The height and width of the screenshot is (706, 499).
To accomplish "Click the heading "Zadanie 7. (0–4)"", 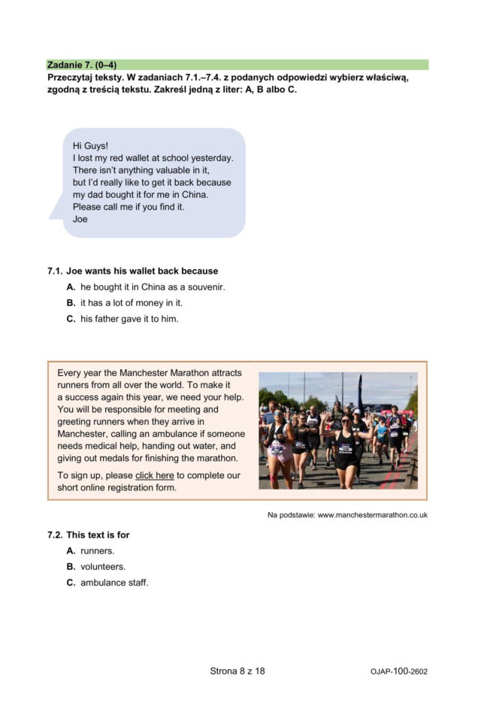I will pyautogui.click(x=82, y=65).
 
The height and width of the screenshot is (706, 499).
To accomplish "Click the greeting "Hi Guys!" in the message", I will pyautogui.click(x=91, y=146).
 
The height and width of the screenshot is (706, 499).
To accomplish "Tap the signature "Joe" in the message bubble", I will pyautogui.click(x=80, y=219).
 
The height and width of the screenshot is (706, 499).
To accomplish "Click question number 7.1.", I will pyautogui.click(x=55, y=271).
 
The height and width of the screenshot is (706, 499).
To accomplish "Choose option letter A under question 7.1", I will pyautogui.click(x=71, y=287).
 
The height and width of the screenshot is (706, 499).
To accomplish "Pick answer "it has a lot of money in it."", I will pyautogui.click(x=132, y=303).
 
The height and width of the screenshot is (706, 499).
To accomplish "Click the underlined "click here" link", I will pyautogui.click(x=154, y=476).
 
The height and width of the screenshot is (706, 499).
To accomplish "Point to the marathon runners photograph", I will pyautogui.click(x=337, y=431).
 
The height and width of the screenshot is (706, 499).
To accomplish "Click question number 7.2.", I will pyautogui.click(x=55, y=535).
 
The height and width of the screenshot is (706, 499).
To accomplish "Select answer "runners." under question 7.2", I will pyautogui.click(x=97, y=551).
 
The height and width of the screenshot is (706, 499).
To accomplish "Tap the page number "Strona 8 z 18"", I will pyautogui.click(x=237, y=671).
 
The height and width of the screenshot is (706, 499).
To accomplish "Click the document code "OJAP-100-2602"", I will pyautogui.click(x=399, y=671).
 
